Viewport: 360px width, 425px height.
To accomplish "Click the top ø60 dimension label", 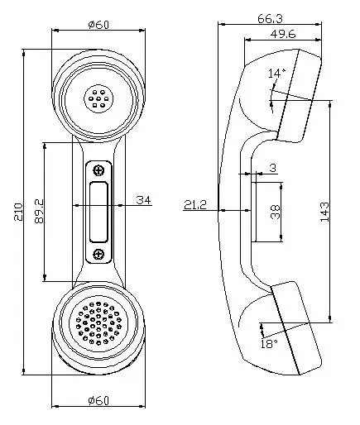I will pos(98,23).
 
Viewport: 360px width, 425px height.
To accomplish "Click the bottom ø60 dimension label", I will pos(98,400).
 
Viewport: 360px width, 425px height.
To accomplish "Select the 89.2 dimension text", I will pos(37,212).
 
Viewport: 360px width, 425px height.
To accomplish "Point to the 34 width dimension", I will pos(143,199).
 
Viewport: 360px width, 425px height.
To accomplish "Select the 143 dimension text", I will pos(325,212).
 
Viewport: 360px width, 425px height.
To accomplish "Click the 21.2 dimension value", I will pos(196,203).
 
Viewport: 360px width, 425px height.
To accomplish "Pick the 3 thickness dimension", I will pos(272,169).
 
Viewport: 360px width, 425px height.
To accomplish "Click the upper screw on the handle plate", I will pos(98,170).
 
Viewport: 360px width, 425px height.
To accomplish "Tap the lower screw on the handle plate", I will pos(98,253).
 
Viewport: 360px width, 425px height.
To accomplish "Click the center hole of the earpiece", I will pos(98,101).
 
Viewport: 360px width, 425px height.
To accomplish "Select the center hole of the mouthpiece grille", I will pos(98,321).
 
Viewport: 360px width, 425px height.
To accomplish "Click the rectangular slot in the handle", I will pos(98,212).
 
